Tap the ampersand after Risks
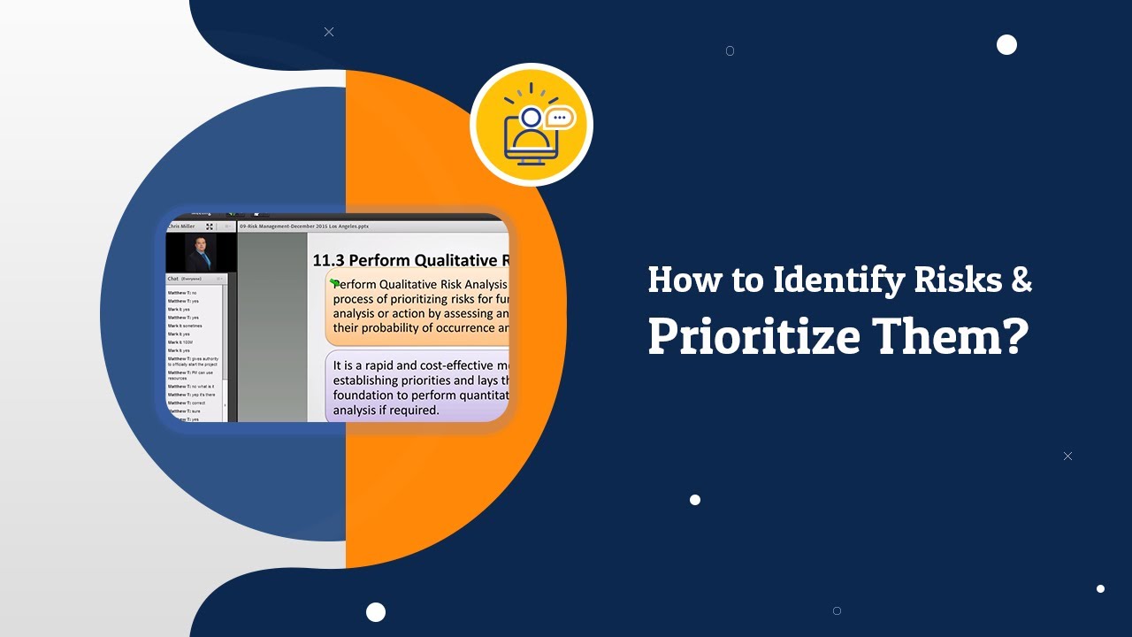point(1021,280)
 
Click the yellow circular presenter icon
point(532,125)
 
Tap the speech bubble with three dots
point(559,117)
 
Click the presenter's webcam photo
point(201,252)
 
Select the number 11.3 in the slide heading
point(329,260)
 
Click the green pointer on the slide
point(334,283)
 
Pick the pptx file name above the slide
point(304,226)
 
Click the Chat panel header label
point(173,279)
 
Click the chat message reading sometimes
point(185,326)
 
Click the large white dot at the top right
point(1006,45)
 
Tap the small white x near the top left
point(329,32)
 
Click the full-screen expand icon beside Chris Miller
point(210,226)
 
